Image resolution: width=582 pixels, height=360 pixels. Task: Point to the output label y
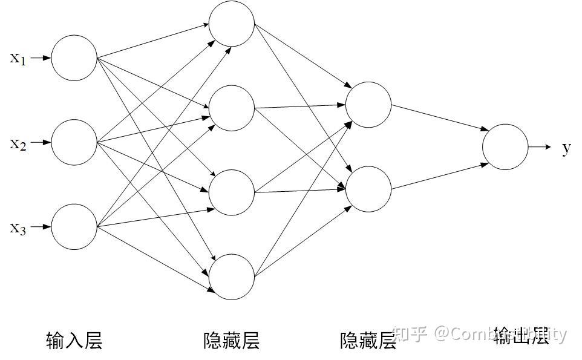coord(566,148)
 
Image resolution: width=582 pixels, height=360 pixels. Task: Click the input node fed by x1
coord(74,58)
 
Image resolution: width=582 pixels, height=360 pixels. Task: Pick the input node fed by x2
coord(74,143)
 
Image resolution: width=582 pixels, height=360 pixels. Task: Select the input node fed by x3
coord(74,227)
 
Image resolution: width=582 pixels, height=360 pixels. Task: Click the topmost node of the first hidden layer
coord(232,24)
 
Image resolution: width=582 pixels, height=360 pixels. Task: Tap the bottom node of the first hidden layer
coord(232,277)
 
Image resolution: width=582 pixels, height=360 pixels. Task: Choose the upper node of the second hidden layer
coord(368,105)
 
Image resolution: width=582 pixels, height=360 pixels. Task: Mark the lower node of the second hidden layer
coord(368,189)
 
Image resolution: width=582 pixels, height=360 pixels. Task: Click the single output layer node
coord(505,147)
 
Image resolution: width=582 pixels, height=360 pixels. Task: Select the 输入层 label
coord(74,341)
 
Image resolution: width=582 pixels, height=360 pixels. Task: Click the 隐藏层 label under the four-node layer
coord(232,341)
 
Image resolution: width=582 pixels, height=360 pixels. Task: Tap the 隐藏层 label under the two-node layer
coord(368,341)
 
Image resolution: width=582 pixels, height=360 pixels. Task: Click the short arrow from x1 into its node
coord(40,58)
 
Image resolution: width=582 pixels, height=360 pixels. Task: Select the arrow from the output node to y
coord(540,147)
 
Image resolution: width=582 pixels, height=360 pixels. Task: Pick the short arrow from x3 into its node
coord(40,227)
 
